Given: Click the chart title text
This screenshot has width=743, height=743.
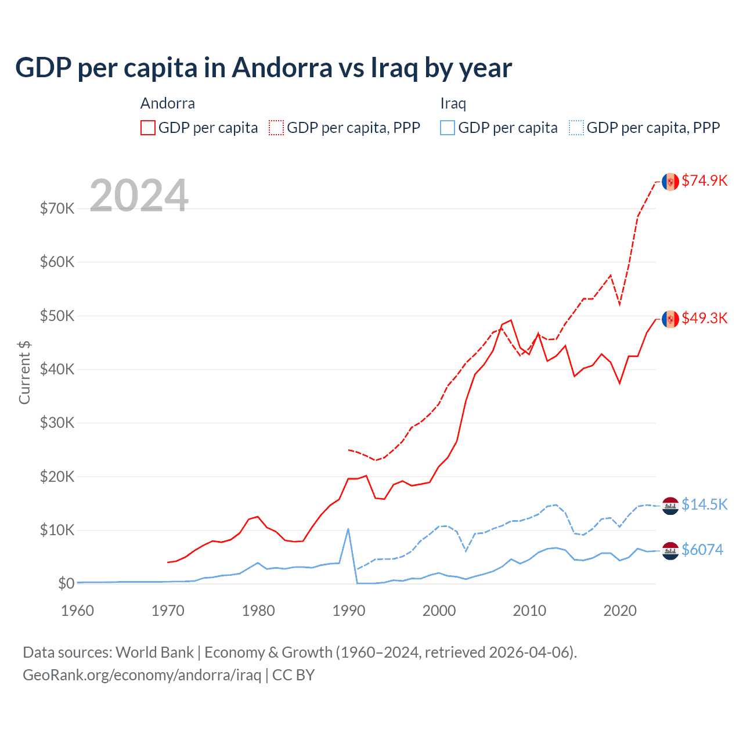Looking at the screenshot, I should tap(264, 68).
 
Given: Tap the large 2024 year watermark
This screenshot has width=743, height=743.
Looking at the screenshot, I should tap(139, 196).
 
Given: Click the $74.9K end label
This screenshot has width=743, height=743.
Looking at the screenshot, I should tap(704, 181).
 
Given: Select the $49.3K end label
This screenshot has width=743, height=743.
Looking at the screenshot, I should tap(704, 318).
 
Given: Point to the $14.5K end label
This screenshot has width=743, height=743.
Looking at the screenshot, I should tap(704, 504).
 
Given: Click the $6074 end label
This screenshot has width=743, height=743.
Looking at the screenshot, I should tap(702, 550).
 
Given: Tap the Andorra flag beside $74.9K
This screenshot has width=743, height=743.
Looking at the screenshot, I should tap(670, 182).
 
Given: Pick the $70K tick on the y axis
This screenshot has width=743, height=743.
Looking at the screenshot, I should tap(57, 208).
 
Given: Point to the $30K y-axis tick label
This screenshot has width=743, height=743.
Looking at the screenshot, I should tap(57, 423).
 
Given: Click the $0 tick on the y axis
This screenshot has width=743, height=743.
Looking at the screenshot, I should tap(66, 583).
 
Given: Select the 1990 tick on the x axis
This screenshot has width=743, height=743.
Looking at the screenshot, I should tap(349, 611).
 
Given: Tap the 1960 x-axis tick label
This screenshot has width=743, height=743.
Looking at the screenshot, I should tap(78, 611).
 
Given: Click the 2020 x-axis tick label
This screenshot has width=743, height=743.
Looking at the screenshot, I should tap(620, 611).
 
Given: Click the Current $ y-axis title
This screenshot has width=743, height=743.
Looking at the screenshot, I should tap(24, 373).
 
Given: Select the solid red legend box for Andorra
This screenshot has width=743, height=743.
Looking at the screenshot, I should tap(148, 128).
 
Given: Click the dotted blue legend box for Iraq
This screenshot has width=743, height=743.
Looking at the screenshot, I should tap(576, 128).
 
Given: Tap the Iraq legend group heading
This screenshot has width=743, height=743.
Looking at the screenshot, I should tap(453, 103).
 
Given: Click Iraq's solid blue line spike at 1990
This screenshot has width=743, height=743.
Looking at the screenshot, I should tap(348, 529).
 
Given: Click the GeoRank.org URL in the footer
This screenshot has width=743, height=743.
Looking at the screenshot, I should tap(142, 675).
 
